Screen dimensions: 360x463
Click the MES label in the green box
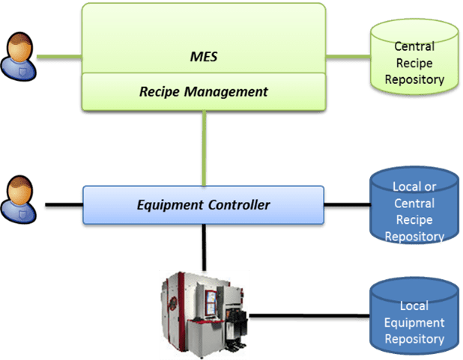203,56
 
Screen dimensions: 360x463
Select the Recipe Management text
203,92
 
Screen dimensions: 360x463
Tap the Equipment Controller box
202,204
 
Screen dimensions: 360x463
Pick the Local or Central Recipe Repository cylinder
414,210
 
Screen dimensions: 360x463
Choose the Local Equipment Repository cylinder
414,314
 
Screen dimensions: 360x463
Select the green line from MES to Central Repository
348,57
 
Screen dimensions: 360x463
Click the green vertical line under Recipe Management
203,147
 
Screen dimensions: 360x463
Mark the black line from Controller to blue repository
348,204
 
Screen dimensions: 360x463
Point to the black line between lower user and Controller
61,204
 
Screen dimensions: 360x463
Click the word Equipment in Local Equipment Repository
414,323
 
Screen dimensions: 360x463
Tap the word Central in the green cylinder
414,47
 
